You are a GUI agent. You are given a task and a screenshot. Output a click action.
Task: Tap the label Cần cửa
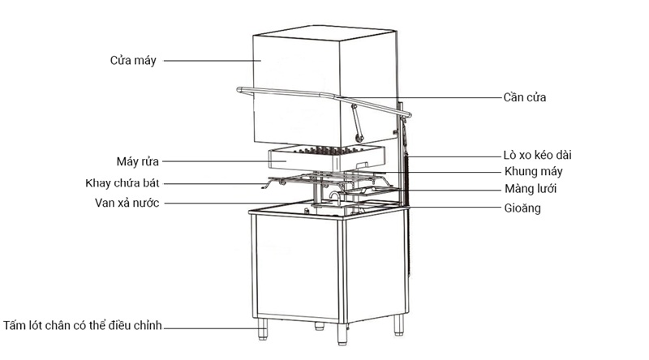[x=525, y=97]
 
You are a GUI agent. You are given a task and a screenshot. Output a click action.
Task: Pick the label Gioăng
[x=522, y=208]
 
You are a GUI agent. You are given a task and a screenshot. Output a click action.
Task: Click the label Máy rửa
[x=138, y=161]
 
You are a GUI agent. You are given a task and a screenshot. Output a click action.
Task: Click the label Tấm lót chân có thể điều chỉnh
[x=84, y=326]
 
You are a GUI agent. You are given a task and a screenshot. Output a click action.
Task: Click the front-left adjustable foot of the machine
[x=264, y=329]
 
